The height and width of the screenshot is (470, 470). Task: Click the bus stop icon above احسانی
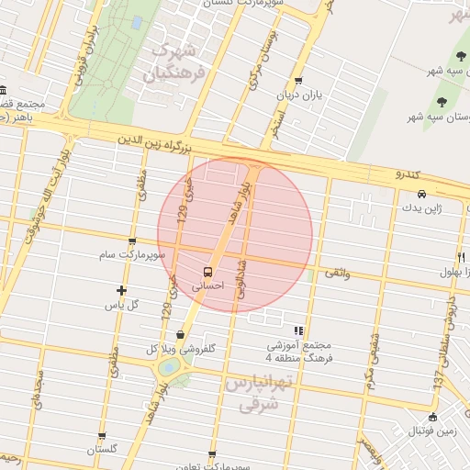[x=208, y=272]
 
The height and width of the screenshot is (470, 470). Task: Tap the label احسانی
[x=207, y=286]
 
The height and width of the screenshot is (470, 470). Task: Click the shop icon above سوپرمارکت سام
[x=133, y=242]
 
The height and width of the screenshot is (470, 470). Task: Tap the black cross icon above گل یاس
[x=121, y=290]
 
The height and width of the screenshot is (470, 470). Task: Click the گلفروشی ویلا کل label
[x=181, y=349]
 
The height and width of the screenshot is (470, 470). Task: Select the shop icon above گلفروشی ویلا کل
[x=180, y=335]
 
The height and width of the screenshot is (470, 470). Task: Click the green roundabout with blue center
[x=169, y=367]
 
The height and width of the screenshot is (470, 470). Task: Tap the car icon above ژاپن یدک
[x=421, y=195]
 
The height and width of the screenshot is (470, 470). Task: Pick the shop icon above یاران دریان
[x=298, y=81]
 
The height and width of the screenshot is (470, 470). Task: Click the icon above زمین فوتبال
[x=432, y=417]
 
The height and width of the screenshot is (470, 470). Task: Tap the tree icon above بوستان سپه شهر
[x=442, y=101]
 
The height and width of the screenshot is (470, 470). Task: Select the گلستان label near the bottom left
[x=103, y=450]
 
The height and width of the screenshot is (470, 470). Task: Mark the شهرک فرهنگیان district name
[x=177, y=59]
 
